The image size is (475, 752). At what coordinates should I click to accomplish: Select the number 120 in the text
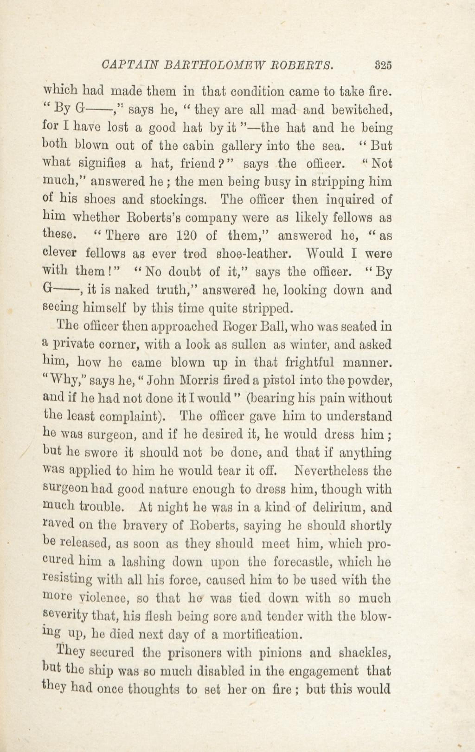point(186,235)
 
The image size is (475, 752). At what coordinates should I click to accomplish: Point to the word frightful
point(309,363)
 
